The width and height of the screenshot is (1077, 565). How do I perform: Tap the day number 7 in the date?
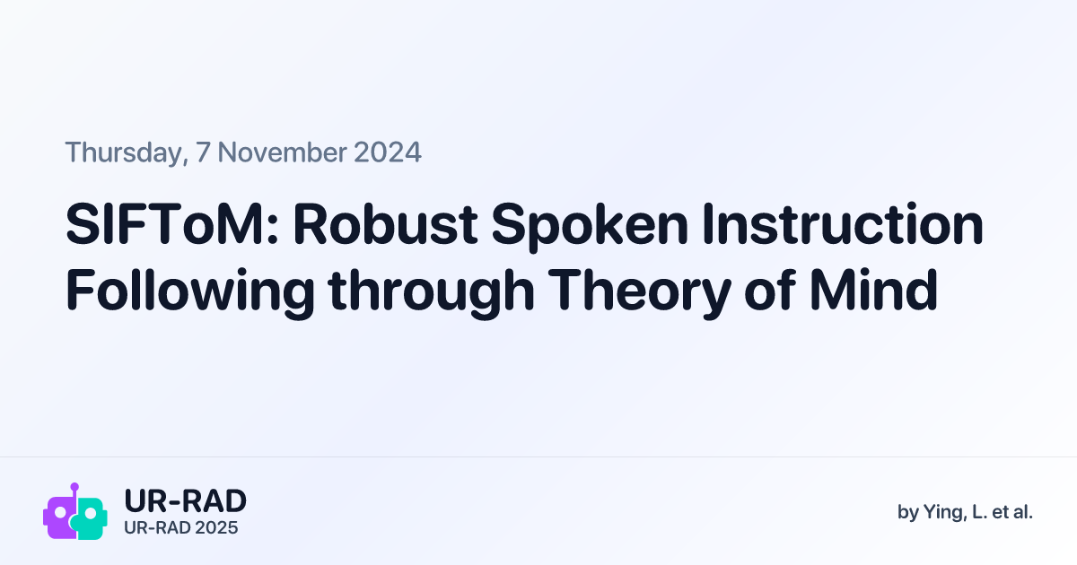coord(203,152)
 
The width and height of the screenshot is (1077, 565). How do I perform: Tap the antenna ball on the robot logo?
coord(74,487)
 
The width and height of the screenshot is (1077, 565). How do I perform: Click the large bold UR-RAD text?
coord(184,501)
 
